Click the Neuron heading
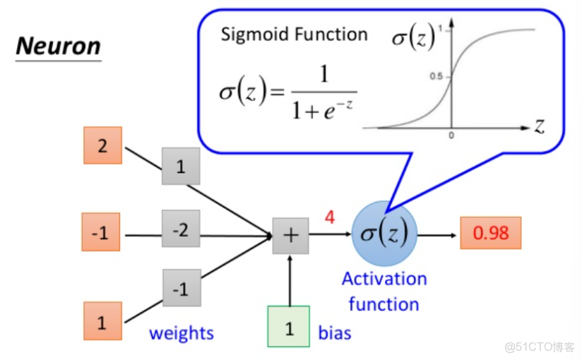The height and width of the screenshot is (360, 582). coord(58,47)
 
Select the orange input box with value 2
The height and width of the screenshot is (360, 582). coord(102,145)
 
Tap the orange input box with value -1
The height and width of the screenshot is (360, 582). coord(101,232)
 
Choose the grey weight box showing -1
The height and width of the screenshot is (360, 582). coord(181,288)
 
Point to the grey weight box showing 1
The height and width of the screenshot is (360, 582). coord(181,167)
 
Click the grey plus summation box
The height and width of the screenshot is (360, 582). coord(290,234)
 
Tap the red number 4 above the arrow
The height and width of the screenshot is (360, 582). coord(329,217)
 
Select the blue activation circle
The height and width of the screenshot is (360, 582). coord(384,234)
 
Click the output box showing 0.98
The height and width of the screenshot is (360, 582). coord(490,233)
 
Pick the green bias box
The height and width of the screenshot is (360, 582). coord(289,327)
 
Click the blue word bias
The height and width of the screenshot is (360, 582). coord(335,332)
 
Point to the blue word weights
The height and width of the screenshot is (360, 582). coord(181,332)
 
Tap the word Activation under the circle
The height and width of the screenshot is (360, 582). coord(384,279)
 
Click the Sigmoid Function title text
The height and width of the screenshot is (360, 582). coord(294,34)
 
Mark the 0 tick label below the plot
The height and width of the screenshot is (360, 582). coord(451,136)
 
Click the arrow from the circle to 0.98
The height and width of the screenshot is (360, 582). coord(438,234)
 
